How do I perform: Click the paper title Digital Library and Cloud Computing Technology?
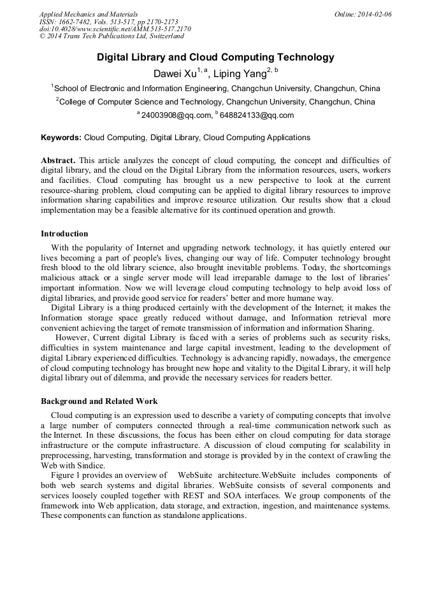pos(215,57)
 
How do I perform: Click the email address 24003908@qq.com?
pos(176,115)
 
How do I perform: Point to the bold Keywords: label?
pos(61,137)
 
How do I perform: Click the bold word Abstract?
pos(58,160)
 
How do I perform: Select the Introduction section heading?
pos(64,234)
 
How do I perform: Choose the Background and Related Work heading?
pos(99,401)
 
